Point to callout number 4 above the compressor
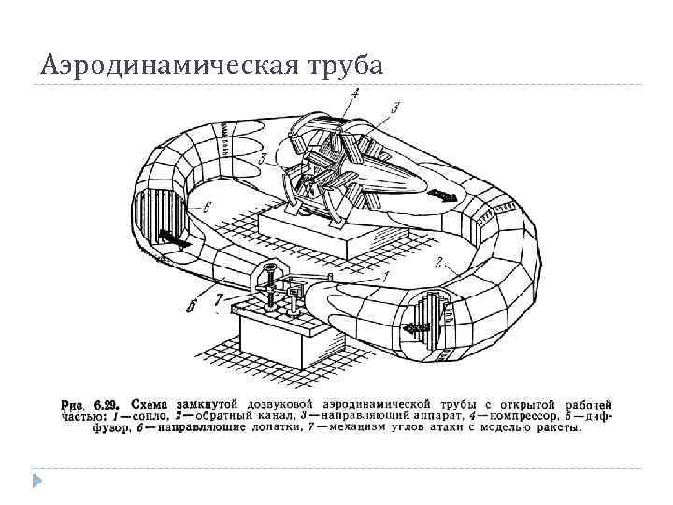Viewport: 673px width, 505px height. coord(355,93)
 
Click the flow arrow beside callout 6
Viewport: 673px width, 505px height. coord(175,240)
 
